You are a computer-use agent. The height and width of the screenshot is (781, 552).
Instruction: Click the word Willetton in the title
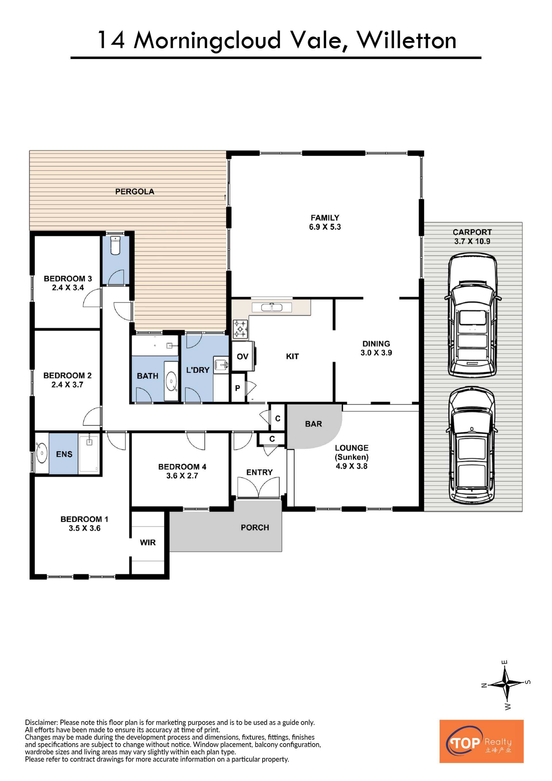tap(407, 41)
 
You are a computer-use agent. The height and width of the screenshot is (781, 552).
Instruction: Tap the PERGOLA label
tap(135, 192)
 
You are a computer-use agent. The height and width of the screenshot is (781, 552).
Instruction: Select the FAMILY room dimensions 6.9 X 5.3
tap(325, 227)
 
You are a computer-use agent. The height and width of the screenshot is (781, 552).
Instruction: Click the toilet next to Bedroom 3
tap(116, 245)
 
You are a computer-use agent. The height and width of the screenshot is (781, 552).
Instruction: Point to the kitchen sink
tap(272, 307)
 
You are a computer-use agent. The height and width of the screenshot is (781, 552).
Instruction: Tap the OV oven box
tap(243, 356)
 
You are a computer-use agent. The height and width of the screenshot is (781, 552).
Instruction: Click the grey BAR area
tap(313, 425)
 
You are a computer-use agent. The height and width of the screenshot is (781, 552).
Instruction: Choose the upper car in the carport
tap(472, 315)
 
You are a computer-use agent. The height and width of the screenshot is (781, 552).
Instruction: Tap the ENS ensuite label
tap(64, 454)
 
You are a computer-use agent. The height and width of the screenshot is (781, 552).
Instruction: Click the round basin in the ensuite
tap(42, 453)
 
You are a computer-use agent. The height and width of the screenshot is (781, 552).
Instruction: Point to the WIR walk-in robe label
tap(148, 543)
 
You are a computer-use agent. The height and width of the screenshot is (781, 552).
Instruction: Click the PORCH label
tap(255, 528)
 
